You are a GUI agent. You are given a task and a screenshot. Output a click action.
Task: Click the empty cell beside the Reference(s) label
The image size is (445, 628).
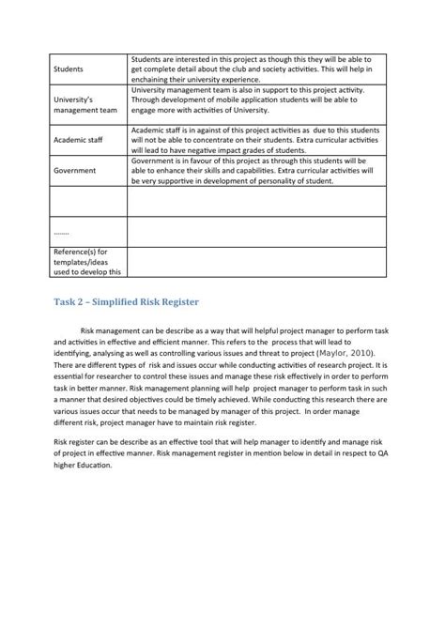[256, 262]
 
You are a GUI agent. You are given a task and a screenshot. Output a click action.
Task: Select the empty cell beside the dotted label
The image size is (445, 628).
[256, 231]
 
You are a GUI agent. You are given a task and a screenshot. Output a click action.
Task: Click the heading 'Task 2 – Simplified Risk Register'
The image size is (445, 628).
[125, 302]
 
